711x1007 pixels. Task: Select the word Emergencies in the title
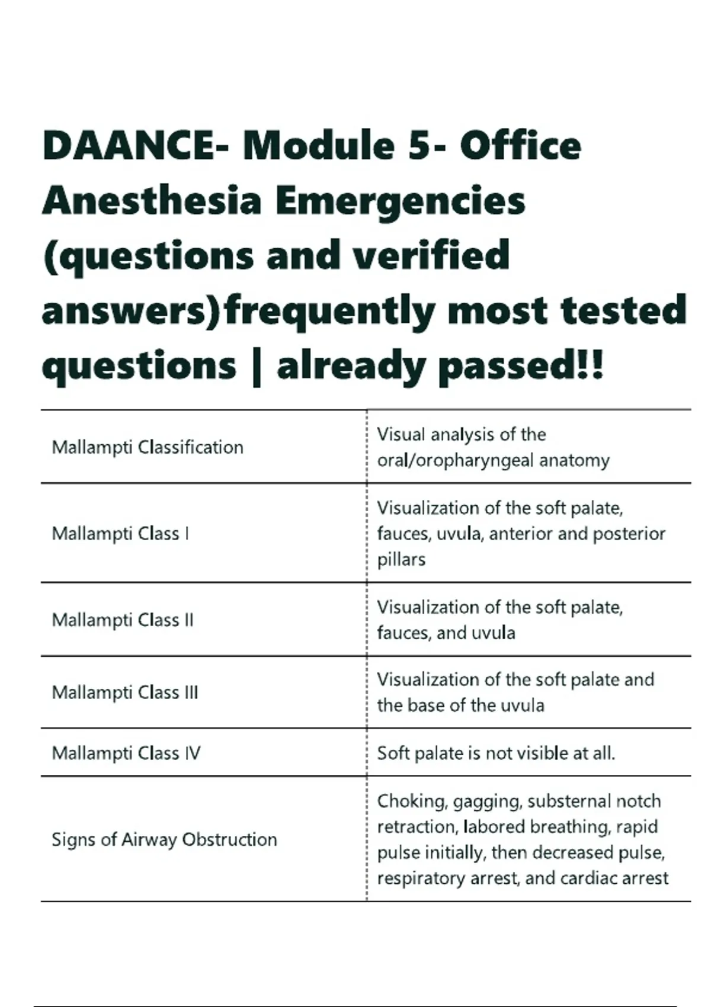click(x=399, y=201)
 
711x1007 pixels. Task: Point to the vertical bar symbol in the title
click(x=257, y=367)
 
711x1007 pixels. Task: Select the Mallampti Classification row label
click(x=148, y=447)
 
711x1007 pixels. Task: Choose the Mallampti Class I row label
click(x=121, y=534)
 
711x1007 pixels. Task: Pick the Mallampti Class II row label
click(x=123, y=620)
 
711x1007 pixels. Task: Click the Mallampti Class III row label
click(x=125, y=692)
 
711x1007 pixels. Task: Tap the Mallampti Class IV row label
click(x=126, y=753)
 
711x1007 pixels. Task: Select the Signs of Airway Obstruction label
click(x=164, y=839)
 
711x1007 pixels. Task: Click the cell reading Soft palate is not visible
click(x=496, y=753)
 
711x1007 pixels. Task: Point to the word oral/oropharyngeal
click(x=456, y=460)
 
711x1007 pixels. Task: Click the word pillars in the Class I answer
click(x=401, y=559)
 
